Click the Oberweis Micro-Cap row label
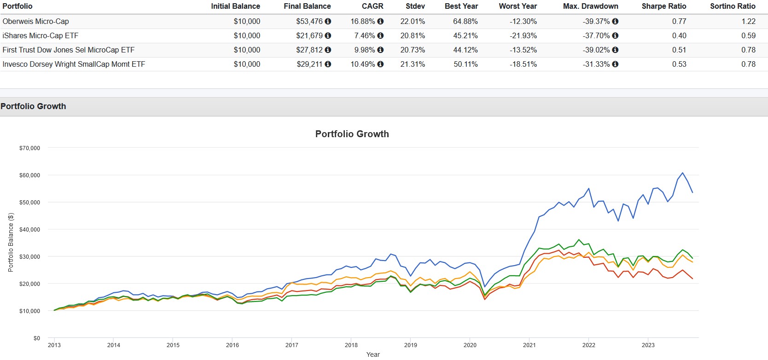tap(35, 21)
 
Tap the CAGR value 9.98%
tap(363, 50)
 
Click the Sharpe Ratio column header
tap(663, 6)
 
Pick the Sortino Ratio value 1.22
tap(748, 21)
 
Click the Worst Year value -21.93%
tap(523, 35)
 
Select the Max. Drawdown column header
tap(590, 6)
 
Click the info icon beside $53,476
tap(328, 21)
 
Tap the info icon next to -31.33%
tap(615, 64)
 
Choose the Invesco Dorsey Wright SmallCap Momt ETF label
tap(74, 64)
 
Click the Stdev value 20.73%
tap(413, 50)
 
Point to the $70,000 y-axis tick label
tap(29, 148)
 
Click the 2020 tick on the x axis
tap(470, 345)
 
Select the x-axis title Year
tap(373, 354)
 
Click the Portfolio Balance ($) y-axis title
tap(11, 242)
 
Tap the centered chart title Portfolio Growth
tap(352, 134)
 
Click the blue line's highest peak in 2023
tap(682, 173)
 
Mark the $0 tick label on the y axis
tap(37, 338)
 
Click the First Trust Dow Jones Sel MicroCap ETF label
tap(69, 50)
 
